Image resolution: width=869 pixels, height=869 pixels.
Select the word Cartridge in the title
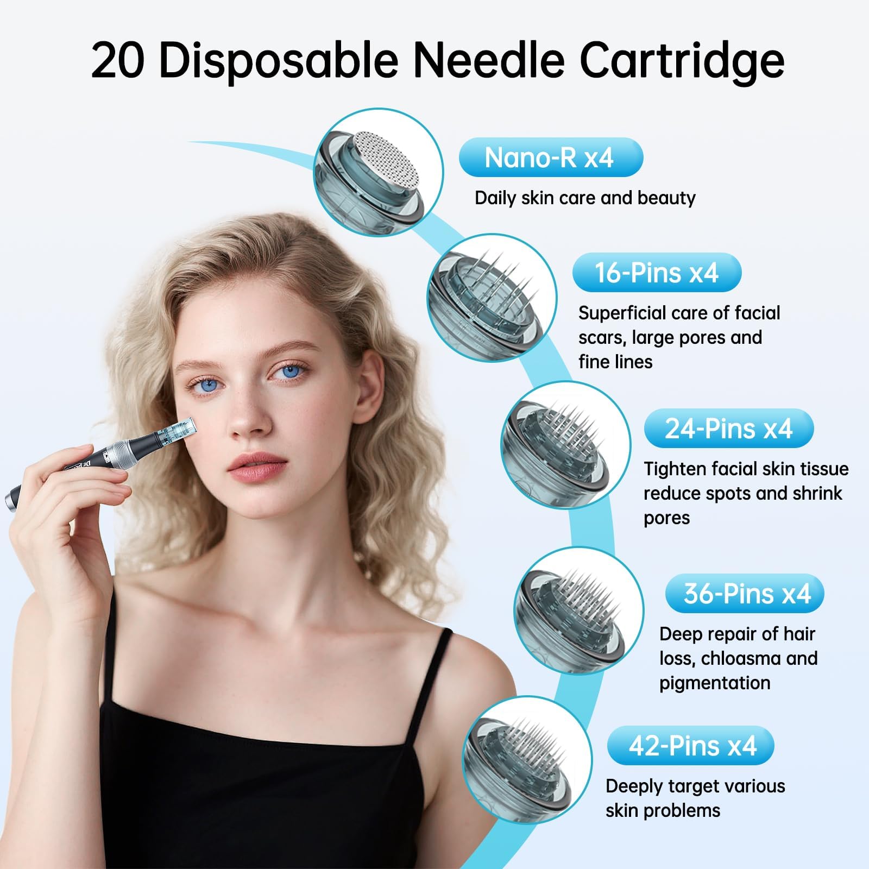(x=682, y=61)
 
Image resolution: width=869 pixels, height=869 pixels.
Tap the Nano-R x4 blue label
(x=550, y=158)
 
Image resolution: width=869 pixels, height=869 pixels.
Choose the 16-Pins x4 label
(x=657, y=272)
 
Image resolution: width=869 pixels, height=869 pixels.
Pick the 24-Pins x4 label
(x=728, y=429)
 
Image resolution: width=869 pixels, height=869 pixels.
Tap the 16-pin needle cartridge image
(x=492, y=298)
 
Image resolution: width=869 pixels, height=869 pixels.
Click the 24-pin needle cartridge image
(x=565, y=445)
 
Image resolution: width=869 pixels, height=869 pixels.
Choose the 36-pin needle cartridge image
(x=579, y=611)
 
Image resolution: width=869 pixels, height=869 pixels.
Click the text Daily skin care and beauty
(x=585, y=198)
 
